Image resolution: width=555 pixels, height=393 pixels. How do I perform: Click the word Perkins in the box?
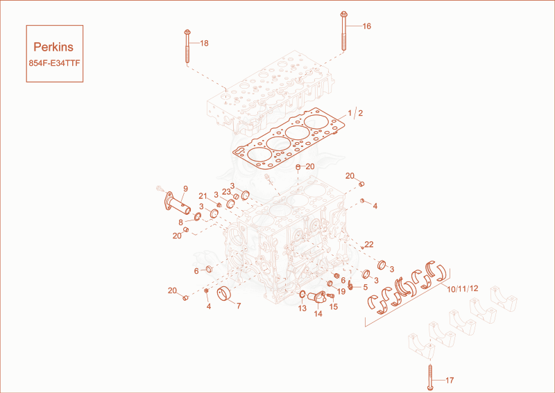pyautogui.click(x=53, y=46)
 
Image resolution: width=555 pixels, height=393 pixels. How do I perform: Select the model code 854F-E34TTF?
pyautogui.click(x=54, y=63)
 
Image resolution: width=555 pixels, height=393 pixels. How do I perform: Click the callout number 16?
pyautogui.click(x=367, y=26)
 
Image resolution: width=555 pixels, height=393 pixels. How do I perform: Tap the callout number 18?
pyautogui.click(x=204, y=43)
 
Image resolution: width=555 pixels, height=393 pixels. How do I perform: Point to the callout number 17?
pyautogui.click(x=450, y=381)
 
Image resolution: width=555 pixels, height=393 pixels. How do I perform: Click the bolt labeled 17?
pyautogui.click(x=430, y=377)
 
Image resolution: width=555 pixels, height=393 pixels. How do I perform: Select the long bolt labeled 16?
pyautogui.click(x=343, y=31)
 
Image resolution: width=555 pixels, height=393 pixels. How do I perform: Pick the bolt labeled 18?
pyautogui.click(x=187, y=46)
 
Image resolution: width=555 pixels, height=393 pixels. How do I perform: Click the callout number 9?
pyautogui.click(x=185, y=189)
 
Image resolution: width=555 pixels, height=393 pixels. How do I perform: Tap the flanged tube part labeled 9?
pyautogui.click(x=176, y=204)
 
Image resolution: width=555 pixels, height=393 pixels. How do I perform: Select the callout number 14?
pyautogui.click(x=318, y=313)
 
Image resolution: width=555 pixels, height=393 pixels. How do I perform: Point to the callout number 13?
pyautogui.click(x=302, y=308)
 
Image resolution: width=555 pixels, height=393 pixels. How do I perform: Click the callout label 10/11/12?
pyautogui.click(x=462, y=288)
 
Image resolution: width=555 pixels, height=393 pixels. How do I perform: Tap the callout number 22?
pyautogui.click(x=369, y=245)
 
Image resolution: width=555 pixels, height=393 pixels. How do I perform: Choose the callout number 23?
pyautogui.click(x=227, y=191)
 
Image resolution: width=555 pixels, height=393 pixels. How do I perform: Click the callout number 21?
pyautogui.click(x=203, y=196)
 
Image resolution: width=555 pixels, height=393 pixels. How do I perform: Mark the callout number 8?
pyautogui.click(x=181, y=222)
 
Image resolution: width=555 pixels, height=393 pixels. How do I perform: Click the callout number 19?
pyautogui.click(x=341, y=292)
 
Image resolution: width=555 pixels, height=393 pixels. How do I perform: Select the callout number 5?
pyautogui.click(x=366, y=287)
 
